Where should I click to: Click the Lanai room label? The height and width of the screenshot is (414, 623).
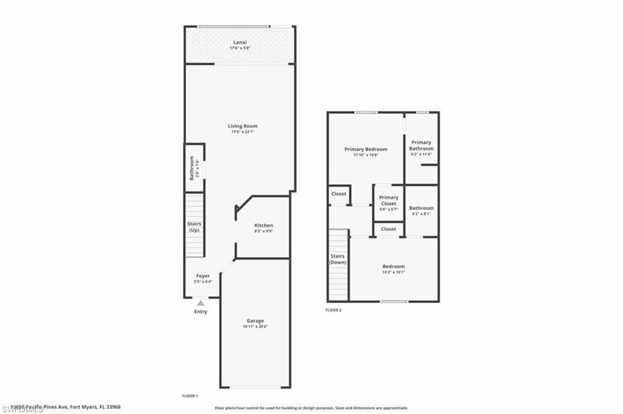click(x=240, y=42)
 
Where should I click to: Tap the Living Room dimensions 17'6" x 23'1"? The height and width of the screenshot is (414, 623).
click(x=243, y=132)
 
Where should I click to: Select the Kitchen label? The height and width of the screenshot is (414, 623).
click(x=263, y=226)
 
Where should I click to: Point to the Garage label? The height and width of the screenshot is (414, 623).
click(x=255, y=320)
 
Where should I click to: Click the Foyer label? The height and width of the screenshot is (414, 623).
click(x=203, y=276)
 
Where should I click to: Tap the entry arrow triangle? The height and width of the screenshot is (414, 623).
click(x=201, y=302)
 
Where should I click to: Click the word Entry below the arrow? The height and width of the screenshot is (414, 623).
click(x=201, y=312)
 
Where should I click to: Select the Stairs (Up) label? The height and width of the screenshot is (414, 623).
click(x=194, y=227)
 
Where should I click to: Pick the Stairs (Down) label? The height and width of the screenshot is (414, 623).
click(x=337, y=259)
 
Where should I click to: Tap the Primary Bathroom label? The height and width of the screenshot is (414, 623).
click(x=421, y=145)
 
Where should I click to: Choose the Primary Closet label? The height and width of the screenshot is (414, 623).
click(x=389, y=200)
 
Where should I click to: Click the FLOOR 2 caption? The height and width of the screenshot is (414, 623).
click(x=333, y=310)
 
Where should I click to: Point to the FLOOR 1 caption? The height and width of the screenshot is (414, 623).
click(x=190, y=396)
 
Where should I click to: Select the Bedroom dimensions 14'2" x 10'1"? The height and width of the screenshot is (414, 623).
click(x=393, y=272)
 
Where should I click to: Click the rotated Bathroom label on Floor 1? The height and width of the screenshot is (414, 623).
click(x=191, y=168)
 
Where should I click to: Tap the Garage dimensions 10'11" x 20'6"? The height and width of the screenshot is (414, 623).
click(x=255, y=326)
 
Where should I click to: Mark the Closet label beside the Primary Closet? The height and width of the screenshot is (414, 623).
click(x=338, y=194)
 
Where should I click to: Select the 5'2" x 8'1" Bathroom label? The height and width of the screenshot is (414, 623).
click(x=421, y=208)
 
